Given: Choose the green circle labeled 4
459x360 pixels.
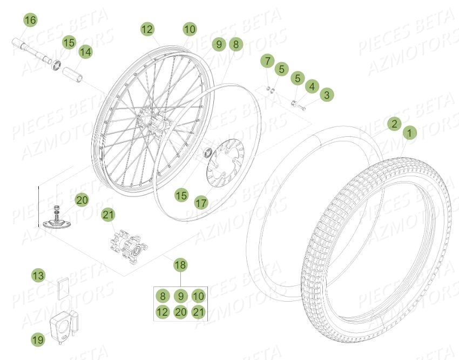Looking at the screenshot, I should coord(311,85).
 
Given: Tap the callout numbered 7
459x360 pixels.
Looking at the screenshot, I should coord(267,61).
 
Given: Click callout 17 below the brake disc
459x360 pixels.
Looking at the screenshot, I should coord(201,203).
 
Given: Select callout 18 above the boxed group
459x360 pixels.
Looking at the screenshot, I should coord(180,265).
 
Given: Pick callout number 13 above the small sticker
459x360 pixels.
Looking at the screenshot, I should coord(37,276).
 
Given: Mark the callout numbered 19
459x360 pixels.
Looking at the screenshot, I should coord(37,339).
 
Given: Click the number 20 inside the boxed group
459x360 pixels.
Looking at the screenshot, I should coord(180,311).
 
